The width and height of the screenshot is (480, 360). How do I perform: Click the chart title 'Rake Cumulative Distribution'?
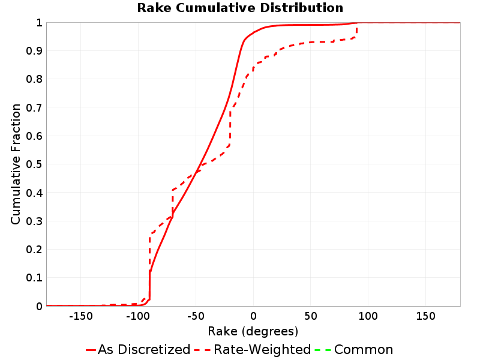[x=240, y=8]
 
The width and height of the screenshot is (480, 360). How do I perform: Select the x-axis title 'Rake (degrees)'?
[x=253, y=331]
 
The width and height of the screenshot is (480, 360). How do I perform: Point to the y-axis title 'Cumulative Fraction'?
[x=16, y=164]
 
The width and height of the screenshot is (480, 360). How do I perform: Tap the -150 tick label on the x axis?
[x=81, y=316]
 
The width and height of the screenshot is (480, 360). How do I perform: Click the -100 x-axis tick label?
[x=138, y=316]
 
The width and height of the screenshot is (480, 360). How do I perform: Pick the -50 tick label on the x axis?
[x=196, y=316]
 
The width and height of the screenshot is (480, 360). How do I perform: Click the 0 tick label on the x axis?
[x=253, y=316]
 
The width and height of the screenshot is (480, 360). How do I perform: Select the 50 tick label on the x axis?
[x=310, y=316]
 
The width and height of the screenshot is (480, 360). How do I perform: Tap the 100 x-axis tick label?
[x=368, y=316]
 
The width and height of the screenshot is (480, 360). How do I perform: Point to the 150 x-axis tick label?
[x=425, y=316]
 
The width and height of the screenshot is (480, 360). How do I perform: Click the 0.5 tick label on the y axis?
[x=34, y=164]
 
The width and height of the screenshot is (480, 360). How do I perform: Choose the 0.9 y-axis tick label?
[x=34, y=51]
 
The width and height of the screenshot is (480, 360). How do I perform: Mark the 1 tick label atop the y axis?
[x=39, y=23]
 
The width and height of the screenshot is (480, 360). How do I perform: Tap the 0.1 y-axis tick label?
[x=34, y=278]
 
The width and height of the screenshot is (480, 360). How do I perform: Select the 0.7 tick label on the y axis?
[x=34, y=107]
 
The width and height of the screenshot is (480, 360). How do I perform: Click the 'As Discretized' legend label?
[x=144, y=349]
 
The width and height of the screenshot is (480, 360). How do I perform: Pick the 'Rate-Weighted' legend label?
[x=262, y=349]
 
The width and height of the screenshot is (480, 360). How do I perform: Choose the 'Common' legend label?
[x=364, y=349]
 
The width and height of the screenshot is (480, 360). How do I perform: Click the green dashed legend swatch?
[x=323, y=350]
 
